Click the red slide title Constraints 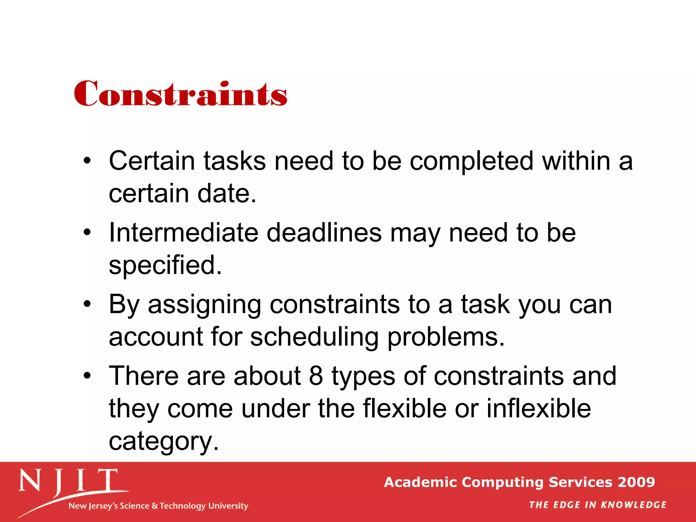(x=180, y=94)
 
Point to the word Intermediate (x=184, y=233)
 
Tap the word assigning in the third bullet (x=204, y=305)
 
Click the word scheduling (x=314, y=337)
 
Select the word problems (x=446, y=337)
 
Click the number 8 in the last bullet (x=316, y=376)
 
